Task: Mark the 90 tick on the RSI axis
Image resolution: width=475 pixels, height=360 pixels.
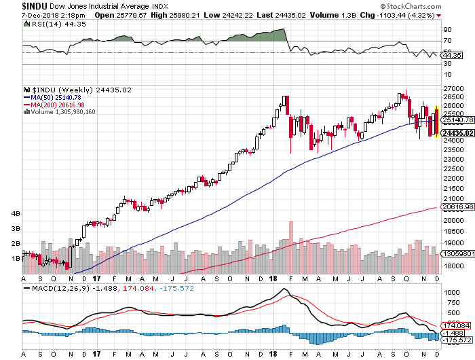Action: pyautogui.click(x=447, y=30)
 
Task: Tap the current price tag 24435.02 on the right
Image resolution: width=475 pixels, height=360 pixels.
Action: pyautogui.click(x=458, y=134)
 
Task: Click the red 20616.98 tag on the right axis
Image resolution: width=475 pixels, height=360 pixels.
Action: pyautogui.click(x=458, y=207)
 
